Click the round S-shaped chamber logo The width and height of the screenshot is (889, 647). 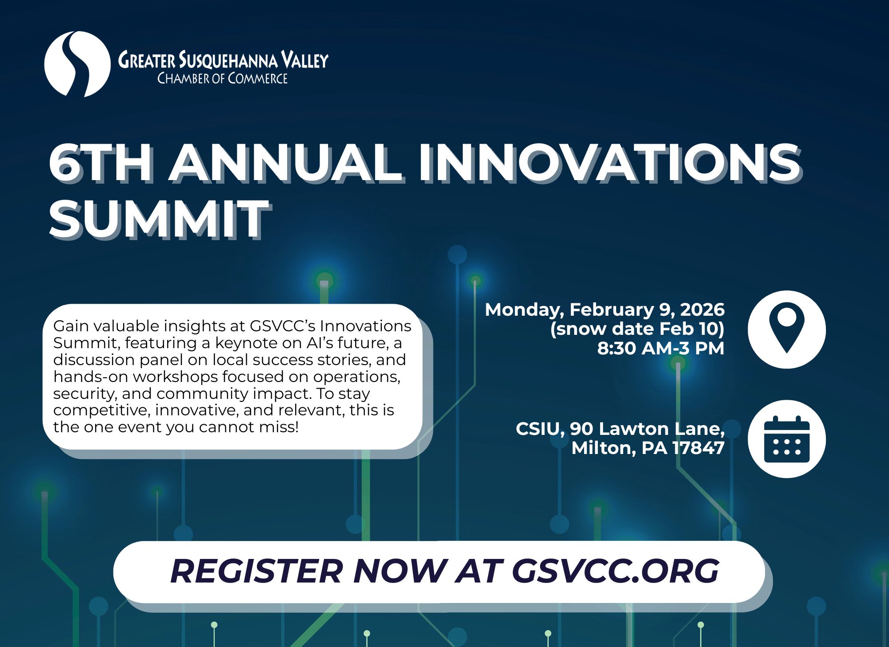coord(77,64)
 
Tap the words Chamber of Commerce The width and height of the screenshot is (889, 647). coord(222,79)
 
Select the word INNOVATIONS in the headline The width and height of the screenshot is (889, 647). coord(609,163)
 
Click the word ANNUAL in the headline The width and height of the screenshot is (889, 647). coord(286,163)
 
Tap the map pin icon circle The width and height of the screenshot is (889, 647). coord(786,330)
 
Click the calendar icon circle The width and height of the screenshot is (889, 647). coord(786,439)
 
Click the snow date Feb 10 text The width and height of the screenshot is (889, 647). coord(637,329)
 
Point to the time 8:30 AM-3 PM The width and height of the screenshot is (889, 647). coord(661,348)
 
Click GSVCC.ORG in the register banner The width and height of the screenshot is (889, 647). coord(615,571)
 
